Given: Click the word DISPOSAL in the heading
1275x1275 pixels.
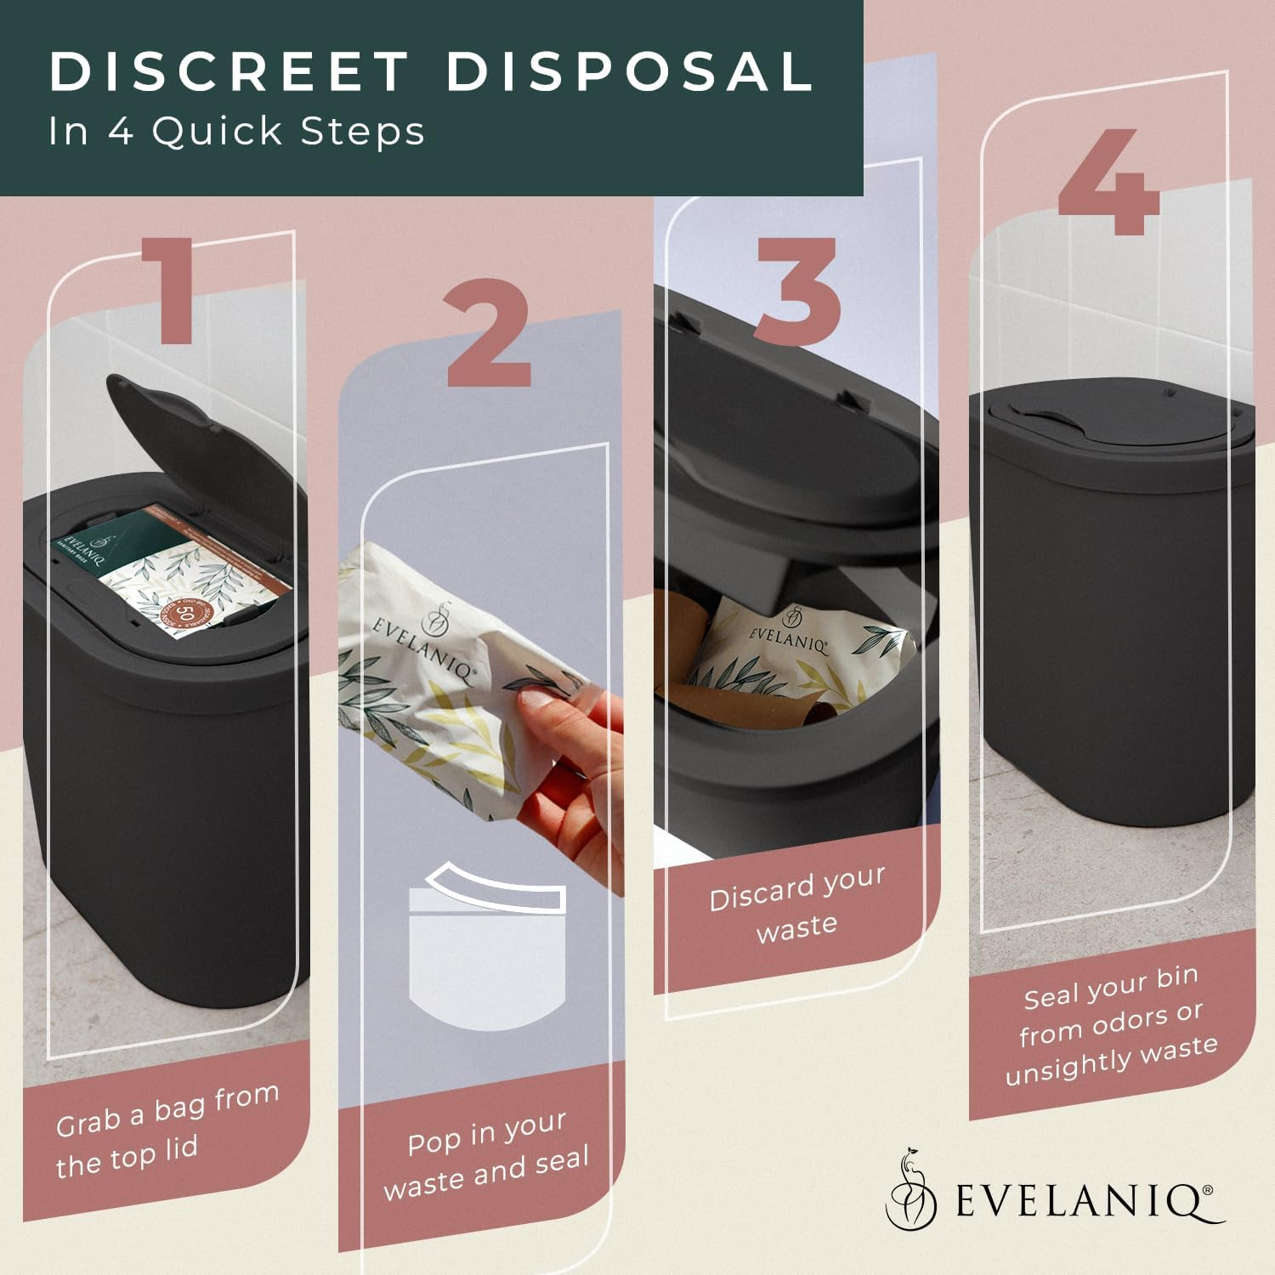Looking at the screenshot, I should pyautogui.click(x=630, y=72).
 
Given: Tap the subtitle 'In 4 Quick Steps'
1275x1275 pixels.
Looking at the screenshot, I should pyautogui.click(x=236, y=132).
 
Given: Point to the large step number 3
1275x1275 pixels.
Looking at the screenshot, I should pyautogui.click(x=797, y=291).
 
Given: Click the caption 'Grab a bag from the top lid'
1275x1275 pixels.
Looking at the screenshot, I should pyautogui.click(x=167, y=1130).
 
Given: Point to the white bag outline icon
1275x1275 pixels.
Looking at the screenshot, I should pyautogui.click(x=487, y=943).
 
